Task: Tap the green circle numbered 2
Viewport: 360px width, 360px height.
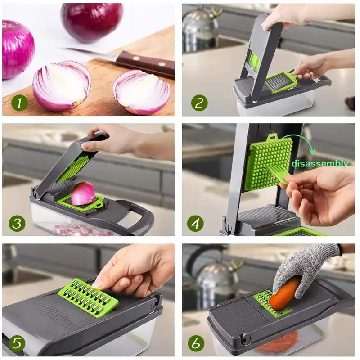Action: [199, 103]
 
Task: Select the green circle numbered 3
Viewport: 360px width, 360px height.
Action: [17, 223]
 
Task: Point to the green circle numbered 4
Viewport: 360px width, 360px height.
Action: [197, 223]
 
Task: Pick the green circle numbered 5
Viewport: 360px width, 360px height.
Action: [17, 343]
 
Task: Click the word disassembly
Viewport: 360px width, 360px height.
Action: [319, 164]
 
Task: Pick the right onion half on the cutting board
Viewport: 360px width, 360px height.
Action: [142, 92]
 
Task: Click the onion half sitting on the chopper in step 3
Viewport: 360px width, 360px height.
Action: [83, 194]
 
